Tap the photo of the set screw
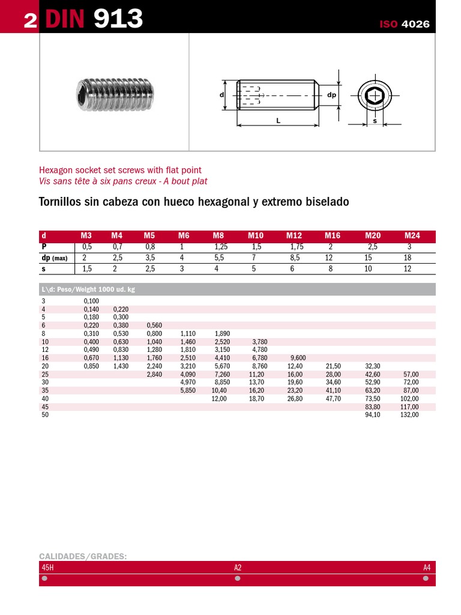click(x=115, y=95)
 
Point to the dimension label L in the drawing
click(x=278, y=121)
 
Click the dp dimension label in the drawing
click(x=331, y=95)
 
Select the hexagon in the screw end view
click(x=375, y=95)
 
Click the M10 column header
click(x=256, y=235)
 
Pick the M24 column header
click(x=412, y=235)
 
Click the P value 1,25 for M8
click(x=221, y=247)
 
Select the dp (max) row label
click(x=54, y=258)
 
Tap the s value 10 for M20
click(x=368, y=269)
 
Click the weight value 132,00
click(x=409, y=415)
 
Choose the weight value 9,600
click(x=298, y=358)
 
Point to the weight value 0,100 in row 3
click(x=91, y=301)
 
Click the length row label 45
click(x=45, y=407)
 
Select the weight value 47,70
click(x=333, y=399)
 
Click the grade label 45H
click(x=48, y=567)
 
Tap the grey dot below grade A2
click(x=238, y=579)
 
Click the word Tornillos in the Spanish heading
click(x=59, y=202)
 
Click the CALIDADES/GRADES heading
click(x=83, y=556)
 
